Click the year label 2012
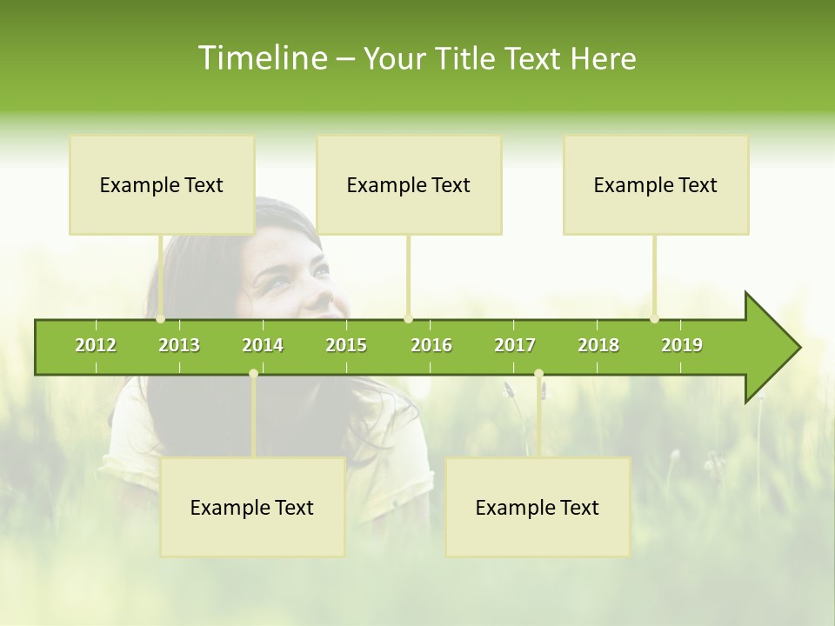pyautogui.click(x=96, y=345)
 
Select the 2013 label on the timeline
pyautogui.click(x=179, y=345)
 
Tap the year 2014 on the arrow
pyautogui.click(x=263, y=345)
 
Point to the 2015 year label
pyautogui.click(x=346, y=345)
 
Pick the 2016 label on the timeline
pyautogui.click(x=431, y=345)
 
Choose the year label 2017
pyautogui.click(x=515, y=345)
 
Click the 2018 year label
pyautogui.click(x=598, y=345)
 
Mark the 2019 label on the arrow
pyautogui.click(x=682, y=345)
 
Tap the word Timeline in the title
pyautogui.click(x=260, y=58)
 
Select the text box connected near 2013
pyautogui.click(x=162, y=185)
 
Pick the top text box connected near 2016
pyautogui.click(x=409, y=185)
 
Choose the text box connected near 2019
pyautogui.click(x=656, y=185)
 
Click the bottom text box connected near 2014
pyautogui.click(x=252, y=508)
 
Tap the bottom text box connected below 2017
pyautogui.click(x=538, y=508)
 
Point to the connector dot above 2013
pyautogui.click(x=161, y=319)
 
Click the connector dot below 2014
pyautogui.click(x=253, y=374)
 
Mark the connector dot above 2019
pyautogui.click(x=654, y=319)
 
